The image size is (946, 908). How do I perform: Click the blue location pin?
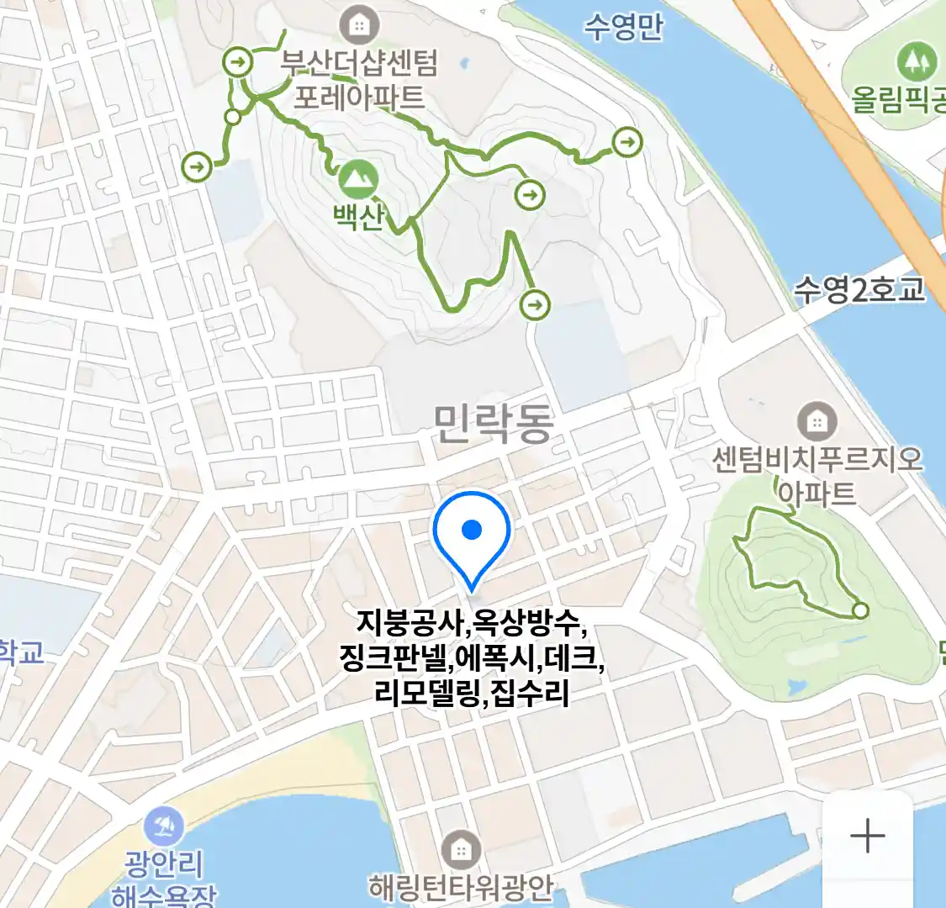pyautogui.click(x=472, y=535)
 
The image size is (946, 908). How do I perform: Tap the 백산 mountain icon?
pyautogui.click(x=358, y=179)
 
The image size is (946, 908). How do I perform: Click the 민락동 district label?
pyautogui.click(x=494, y=423)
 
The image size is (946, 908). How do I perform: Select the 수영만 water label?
pyautogui.click(x=624, y=27)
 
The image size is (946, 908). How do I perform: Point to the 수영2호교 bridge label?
pyautogui.click(x=859, y=290)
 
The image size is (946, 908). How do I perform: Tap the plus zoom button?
pyautogui.click(x=867, y=837)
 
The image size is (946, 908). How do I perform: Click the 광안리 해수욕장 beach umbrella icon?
pyautogui.click(x=164, y=827)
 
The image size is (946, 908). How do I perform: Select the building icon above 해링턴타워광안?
pyautogui.click(x=461, y=851)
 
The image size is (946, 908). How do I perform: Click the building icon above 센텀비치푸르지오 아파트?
pyautogui.click(x=817, y=420)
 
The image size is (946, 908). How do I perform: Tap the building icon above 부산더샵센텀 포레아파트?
pyautogui.click(x=359, y=24)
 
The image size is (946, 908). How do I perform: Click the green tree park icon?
pyautogui.click(x=917, y=61)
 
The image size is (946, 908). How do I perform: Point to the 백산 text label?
pyautogui.click(x=359, y=217)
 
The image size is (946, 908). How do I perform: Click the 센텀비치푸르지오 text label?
pyautogui.click(x=817, y=460)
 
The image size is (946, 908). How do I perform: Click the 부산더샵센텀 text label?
pyautogui.click(x=359, y=63)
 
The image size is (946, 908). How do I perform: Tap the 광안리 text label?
pyautogui.click(x=164, y=863)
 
